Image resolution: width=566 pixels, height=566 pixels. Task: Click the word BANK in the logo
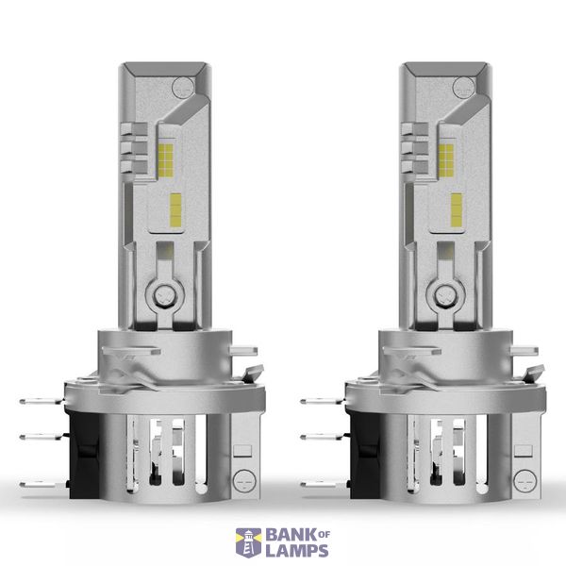[291, 535]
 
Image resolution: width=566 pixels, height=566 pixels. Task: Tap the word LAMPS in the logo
[297, 551]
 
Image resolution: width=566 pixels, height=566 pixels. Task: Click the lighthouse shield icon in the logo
[248, 543]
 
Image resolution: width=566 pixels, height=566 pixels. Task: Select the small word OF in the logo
[325, 534]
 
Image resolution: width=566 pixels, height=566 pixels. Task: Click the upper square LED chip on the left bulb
[166, 160]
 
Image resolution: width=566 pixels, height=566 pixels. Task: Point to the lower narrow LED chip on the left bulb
[175, 210]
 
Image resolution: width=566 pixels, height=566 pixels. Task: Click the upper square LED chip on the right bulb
[446, 160]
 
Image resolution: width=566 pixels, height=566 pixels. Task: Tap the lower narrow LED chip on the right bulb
[457, 210]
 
